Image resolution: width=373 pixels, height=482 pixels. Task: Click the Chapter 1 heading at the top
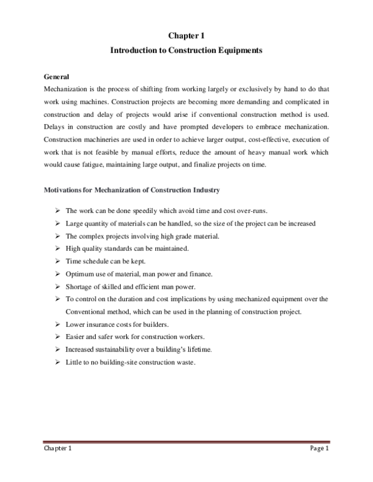click(x=186, y=36)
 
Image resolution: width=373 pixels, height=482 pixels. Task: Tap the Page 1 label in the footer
click(x=318, y=449)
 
